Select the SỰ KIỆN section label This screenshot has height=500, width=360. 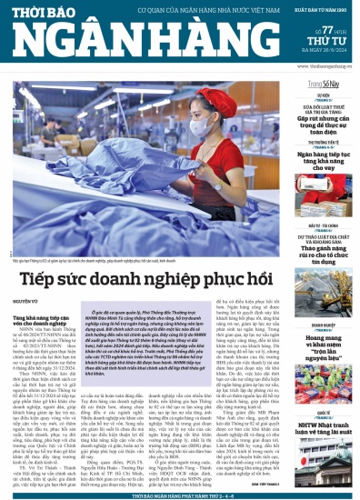coord(323,95)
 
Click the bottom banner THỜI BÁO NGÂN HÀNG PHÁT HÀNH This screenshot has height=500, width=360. coord(180,494)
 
